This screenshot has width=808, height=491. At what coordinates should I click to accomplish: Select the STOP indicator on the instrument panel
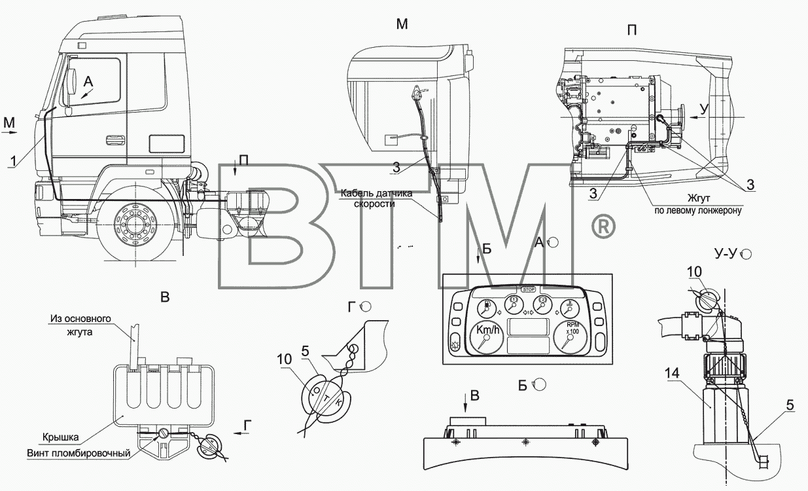[529, 289]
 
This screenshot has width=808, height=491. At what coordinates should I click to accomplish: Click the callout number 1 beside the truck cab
[13, 161]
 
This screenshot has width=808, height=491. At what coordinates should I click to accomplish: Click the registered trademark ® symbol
[603, 227]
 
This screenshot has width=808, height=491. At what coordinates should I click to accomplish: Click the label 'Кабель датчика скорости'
[377, 198]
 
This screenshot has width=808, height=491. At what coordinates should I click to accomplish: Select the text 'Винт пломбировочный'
[79, 454]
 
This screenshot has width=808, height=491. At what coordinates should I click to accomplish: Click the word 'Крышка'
[60, 437]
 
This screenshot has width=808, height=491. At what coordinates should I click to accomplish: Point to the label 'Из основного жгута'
[80, 325]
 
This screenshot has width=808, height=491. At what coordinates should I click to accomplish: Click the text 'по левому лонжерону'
[698, 211]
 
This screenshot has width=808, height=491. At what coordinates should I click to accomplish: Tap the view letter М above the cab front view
[402, 24]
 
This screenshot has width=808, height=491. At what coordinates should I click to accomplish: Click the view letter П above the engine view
[631, 30]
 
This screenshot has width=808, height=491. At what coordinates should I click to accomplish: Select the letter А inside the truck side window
[88, 82]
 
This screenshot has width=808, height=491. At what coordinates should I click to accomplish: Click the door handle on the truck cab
[115, 139]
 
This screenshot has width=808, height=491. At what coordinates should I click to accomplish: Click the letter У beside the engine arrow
[704, 109]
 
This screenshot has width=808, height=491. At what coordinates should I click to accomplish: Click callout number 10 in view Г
[284, 359]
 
